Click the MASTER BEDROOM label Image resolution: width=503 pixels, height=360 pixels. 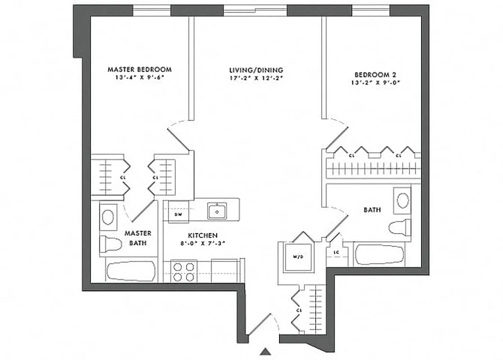(x=140, y=70)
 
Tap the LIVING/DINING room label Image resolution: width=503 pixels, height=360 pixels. (x=256, y=70)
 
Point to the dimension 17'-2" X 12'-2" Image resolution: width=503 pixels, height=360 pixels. (x=256, y=78)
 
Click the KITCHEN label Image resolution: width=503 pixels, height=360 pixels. (x=203, y=235)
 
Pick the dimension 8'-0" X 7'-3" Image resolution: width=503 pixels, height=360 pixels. (x=203, y=243)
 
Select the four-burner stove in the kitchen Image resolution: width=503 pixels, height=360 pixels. (x=185, y=271)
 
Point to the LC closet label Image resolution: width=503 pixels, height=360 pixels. (x=336, y=252)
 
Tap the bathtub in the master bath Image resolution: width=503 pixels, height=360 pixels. (x=131, y=271)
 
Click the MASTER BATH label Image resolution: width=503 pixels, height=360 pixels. (x=138, y=238)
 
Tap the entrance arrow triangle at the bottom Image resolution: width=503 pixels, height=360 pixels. (x=267, y=351)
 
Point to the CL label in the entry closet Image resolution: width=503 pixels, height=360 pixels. (x=299, y=310)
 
